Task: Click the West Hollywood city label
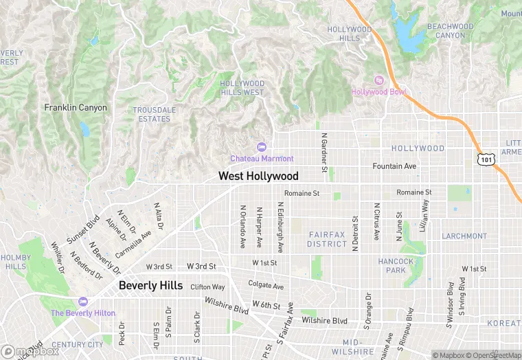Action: tap(258, 176)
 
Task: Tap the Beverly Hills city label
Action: tap(150, 285)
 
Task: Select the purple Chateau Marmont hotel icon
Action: tap(261, 146)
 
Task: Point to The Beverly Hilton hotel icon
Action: tap(83, 302)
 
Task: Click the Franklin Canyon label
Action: tap(75, 108)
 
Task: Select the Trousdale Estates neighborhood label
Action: tap(154, 115)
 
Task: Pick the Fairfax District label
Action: tap(327, 239)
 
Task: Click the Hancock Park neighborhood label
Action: tap(396, 266)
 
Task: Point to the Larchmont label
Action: tap(464, 236)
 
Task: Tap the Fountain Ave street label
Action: tap(394, 166)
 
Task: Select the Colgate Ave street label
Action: tap(266, 286)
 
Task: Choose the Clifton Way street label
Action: tap(207, 287)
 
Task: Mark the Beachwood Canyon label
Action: tap(450, 31)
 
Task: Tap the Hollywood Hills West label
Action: tap(242, 88)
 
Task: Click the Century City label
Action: tap(78, 345)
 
